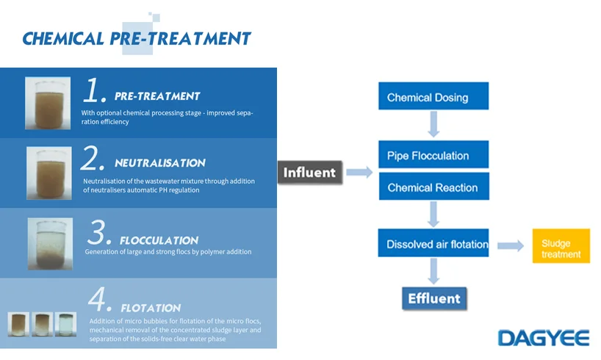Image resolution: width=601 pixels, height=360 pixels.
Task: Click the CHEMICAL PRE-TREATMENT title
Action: (x=137, y=38)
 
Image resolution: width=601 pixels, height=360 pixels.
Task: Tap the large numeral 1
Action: (x=95, y=91)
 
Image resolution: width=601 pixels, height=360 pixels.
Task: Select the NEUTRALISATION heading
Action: (x=160, y=163)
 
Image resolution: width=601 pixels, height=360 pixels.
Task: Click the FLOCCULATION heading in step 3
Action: (x=159, y=240)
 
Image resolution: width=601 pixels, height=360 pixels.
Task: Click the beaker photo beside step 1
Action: (x=48, y=104)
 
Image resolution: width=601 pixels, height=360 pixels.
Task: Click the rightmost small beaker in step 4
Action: (x=65, y=323)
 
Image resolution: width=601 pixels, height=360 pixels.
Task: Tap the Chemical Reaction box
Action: (x=432, y=187)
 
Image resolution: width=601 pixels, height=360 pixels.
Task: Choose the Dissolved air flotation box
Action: (x=437, y=244)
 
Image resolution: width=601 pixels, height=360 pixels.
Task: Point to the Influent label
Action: (x=310, y=173)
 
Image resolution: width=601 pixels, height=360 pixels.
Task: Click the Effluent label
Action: (x=433, y=298)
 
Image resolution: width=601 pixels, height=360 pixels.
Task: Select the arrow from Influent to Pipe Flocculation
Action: (x=359, y=172)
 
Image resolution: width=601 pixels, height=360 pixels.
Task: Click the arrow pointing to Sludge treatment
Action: (x=510, y=245)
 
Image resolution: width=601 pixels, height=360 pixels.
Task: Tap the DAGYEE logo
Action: (x=543, y=337)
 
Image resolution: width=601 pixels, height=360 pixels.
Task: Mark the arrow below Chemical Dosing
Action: (x=433, y=125)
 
